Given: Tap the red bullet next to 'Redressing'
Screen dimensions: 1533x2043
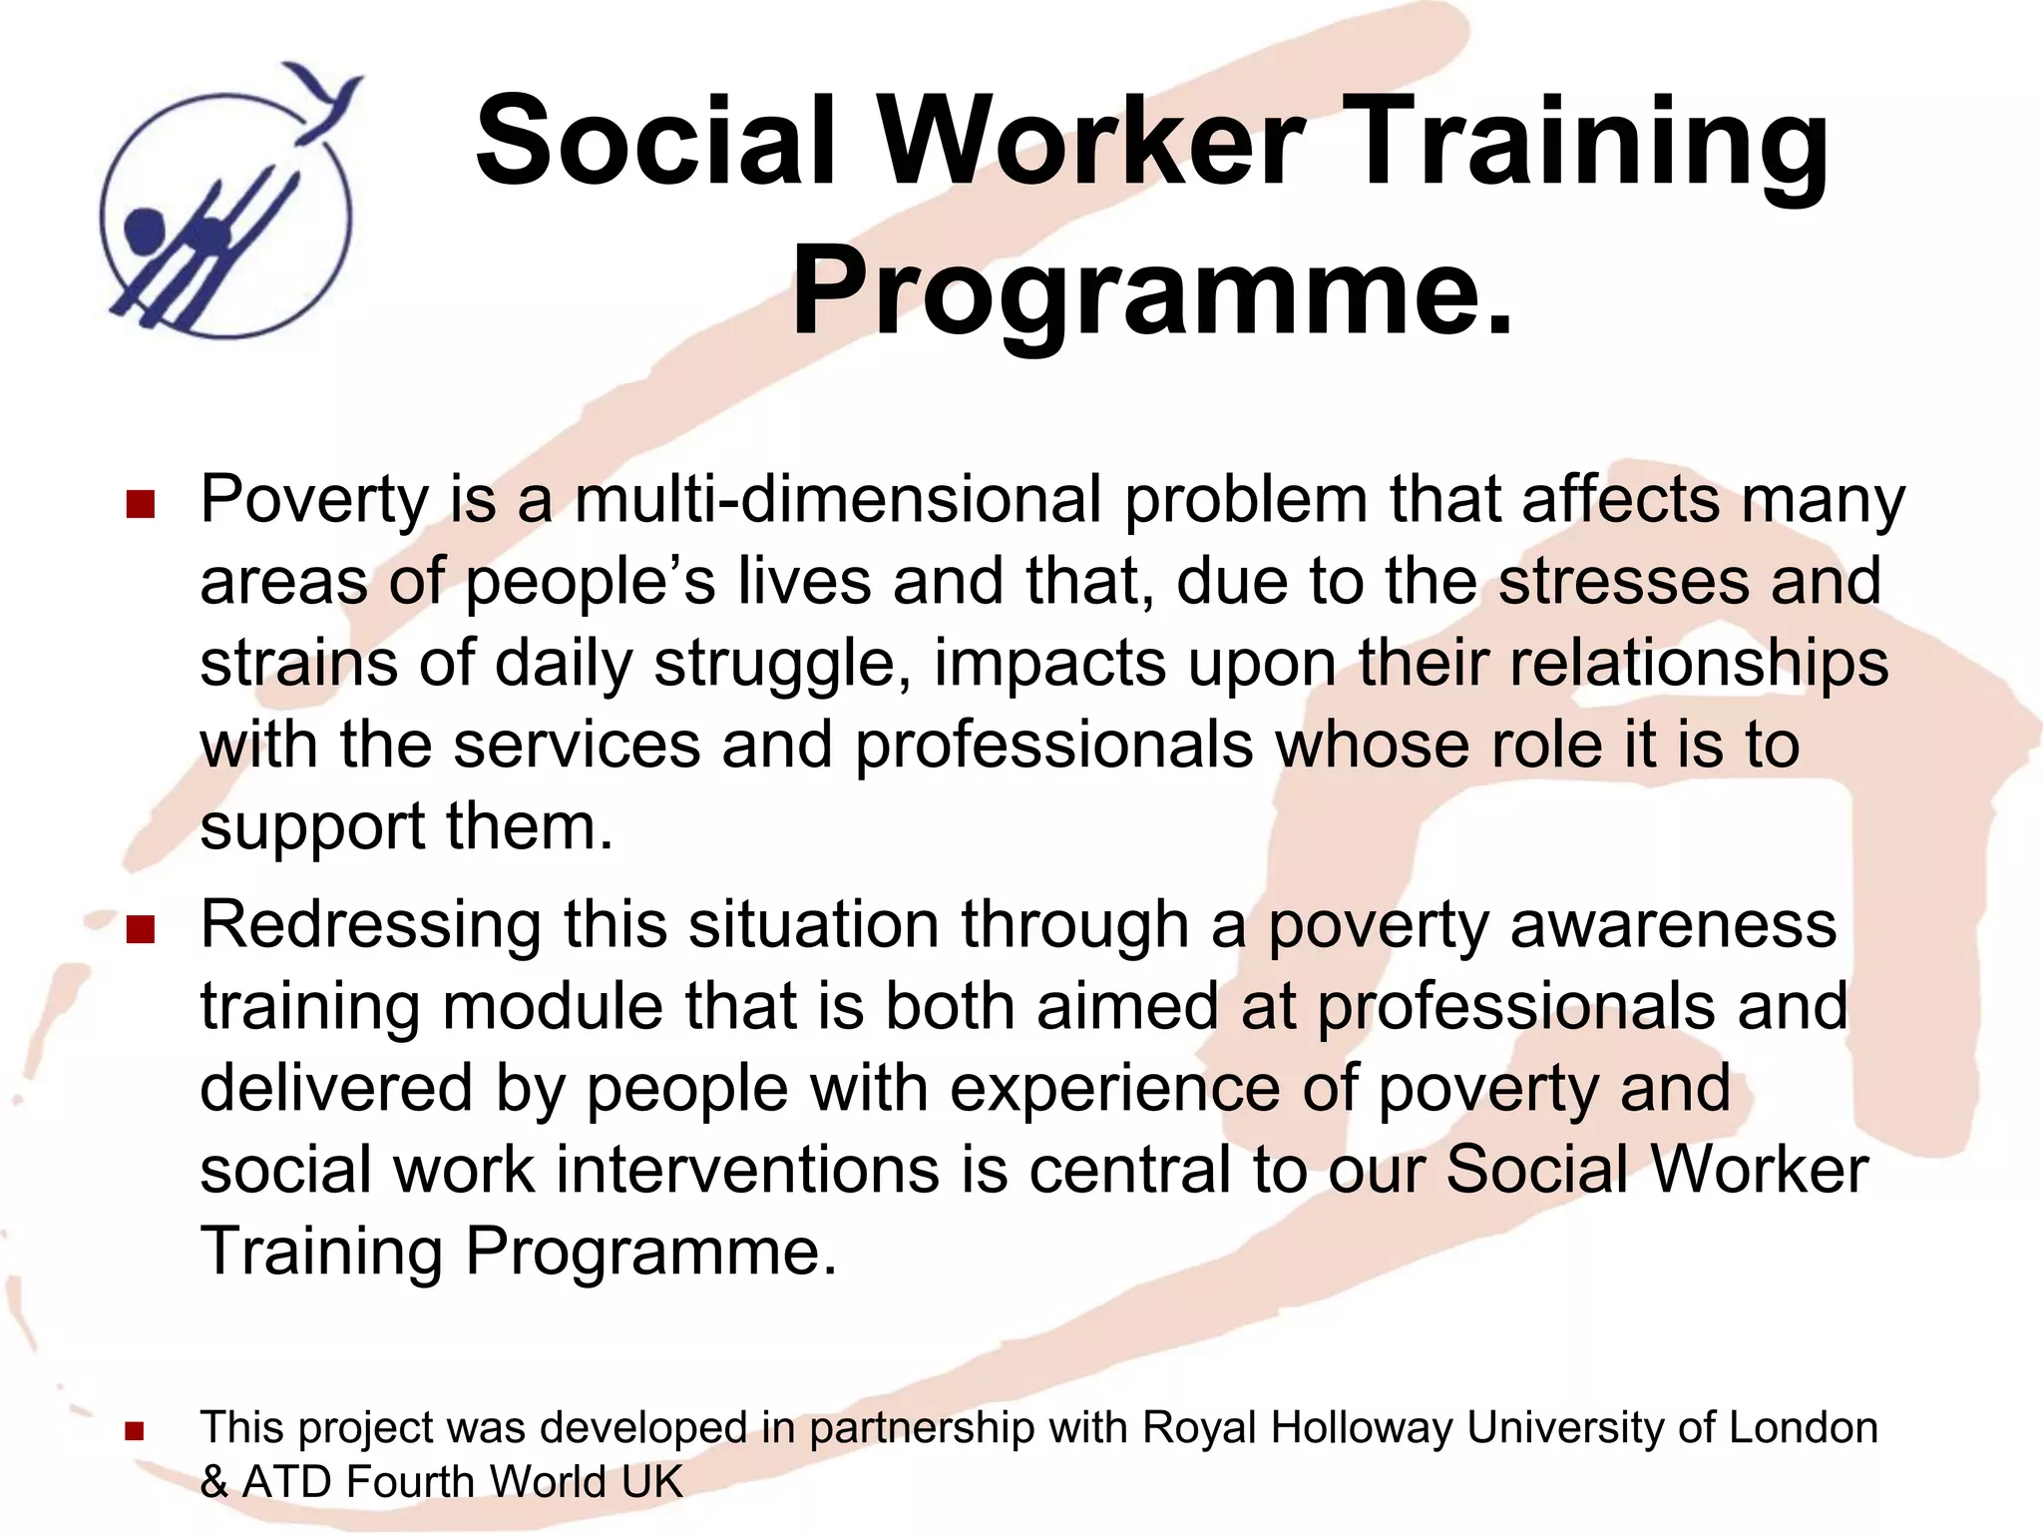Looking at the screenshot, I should point(141,929).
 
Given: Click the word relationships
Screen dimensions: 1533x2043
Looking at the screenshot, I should point(1698,663).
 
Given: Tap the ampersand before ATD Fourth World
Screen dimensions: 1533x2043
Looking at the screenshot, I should point(213,1483).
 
